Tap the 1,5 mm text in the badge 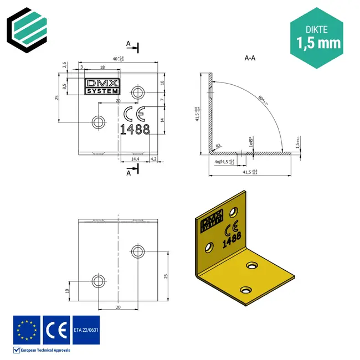[x=318, y=43]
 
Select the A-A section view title [x=250, y=58]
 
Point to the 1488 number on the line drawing [x=135, y=129]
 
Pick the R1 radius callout [x=218, y=145]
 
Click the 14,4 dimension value [x=135, y=159]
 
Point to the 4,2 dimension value [x=154, y=159]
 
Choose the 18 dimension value [x=102, y=66]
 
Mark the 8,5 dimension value [x=64, y=86]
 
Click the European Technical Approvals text [x=45, y=350]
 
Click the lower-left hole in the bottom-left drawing [x=98, y=279]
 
